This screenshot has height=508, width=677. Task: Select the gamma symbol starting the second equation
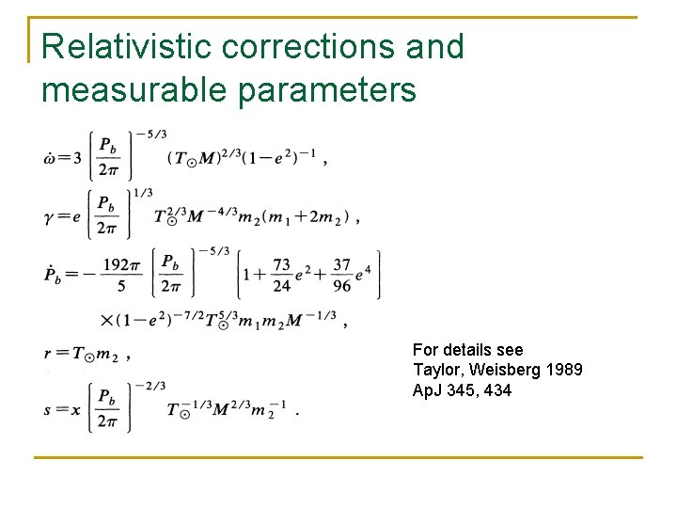[52, 217]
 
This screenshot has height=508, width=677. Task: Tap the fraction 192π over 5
[121, 275]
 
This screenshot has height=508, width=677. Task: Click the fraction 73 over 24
[281, 275]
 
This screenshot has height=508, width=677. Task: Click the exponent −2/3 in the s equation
[150, 386]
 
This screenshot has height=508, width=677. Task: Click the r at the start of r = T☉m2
[48, 355]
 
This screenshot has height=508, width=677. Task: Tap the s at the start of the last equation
[49, 412]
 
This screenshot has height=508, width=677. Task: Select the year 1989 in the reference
[562, 370]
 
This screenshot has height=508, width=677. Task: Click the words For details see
[467, 349]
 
